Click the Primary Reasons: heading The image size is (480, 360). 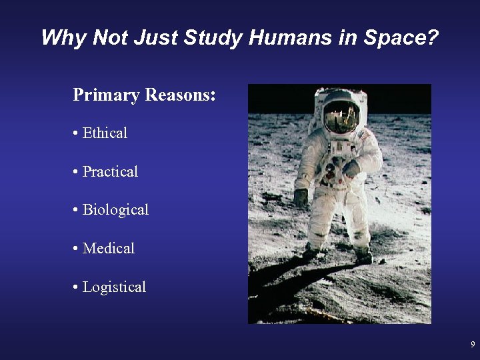click(144, 95)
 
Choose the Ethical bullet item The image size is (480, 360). click(105, 133)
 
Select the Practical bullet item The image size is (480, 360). click(110, 171)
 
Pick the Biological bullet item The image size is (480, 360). click(115, 209)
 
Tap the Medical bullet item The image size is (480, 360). click(108, 248)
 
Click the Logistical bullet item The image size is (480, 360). click(114, 287)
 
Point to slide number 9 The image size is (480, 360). click(473, 345)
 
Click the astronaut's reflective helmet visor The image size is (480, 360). click(341, 117)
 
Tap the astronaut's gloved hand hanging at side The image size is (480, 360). click(301, 197)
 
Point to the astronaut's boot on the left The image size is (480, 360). click(311, 252)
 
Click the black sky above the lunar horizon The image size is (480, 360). click(400, 97)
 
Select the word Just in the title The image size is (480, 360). click(155, 37)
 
